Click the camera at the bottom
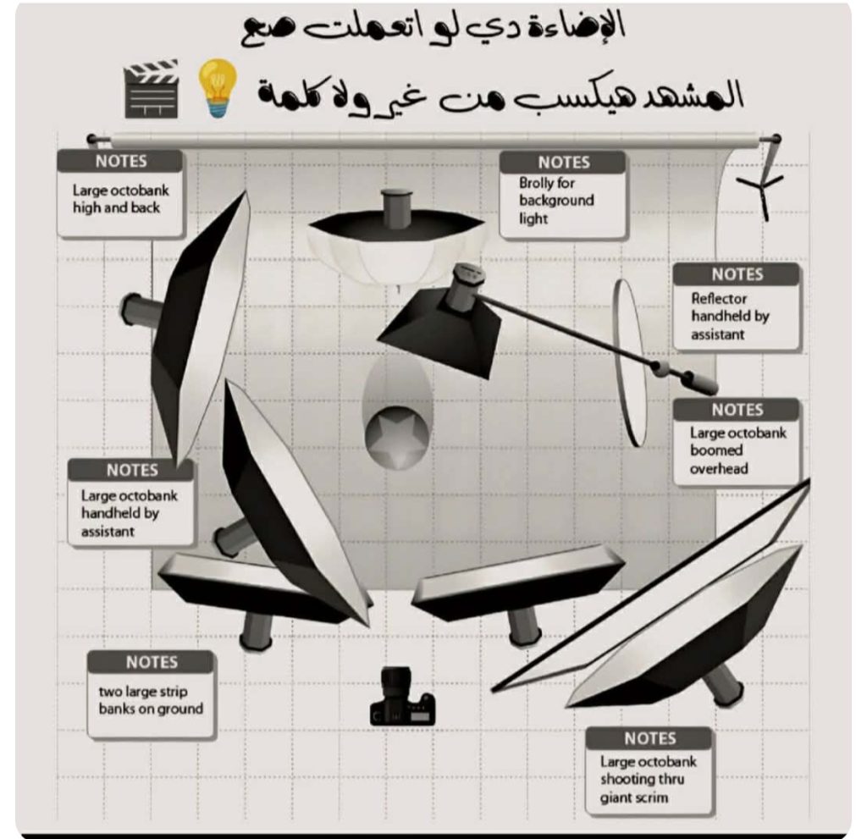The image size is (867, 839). (401, 698)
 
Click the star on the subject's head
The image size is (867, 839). (397, 435)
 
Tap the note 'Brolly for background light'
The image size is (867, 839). (562, 196)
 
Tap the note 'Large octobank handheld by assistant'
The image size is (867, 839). (130, 505)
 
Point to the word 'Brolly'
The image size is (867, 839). (538, 182)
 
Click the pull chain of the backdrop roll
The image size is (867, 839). (769, 182)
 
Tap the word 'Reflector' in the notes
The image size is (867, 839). (719, 298)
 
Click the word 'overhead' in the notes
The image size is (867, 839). (719, 468)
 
